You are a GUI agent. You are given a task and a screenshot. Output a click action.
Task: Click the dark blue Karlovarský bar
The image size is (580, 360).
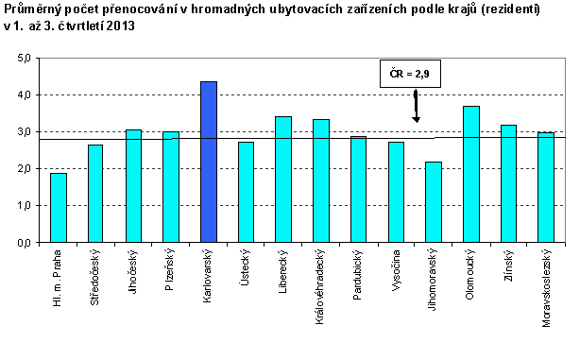click(x=209, y=162)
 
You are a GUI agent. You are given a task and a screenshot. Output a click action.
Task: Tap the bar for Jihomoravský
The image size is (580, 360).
click(x=434, y=201)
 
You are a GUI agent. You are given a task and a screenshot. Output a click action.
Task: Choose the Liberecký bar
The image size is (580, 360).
click(x=283, y=180)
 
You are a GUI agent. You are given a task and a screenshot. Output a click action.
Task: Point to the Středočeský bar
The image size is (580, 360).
click(x=95, y=193)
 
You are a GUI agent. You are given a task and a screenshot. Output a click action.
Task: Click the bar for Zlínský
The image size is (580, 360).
click(x=509, y=183)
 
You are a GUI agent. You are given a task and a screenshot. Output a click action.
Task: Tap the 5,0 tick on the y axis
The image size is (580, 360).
click(x=25, y=59)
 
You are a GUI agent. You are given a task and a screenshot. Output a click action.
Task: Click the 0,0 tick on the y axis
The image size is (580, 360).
click(x=25, y=242)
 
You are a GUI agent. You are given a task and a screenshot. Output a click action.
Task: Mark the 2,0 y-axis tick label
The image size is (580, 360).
click(x=25, y=169)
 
